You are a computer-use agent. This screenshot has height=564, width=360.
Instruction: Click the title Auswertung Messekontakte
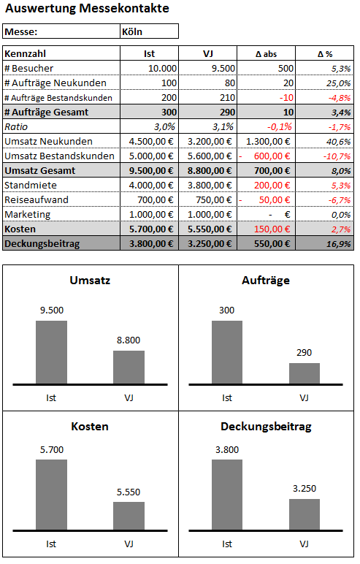click(87, 8)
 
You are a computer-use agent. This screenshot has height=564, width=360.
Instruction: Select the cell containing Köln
click(149, 31)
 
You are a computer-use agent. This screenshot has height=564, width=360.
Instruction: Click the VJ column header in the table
click(208, 53)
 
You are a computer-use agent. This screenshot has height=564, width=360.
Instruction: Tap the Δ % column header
click(325, 54)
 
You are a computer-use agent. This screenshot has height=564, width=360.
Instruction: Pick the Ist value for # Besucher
click(162, 69)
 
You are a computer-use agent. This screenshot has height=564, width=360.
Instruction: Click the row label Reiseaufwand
click(37, 200)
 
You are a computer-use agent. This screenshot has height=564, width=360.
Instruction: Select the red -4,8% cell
click(339, 98)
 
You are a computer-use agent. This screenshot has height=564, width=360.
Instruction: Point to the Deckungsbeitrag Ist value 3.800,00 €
click(151, 244)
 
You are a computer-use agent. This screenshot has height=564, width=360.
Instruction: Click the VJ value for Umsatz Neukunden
click(210, 142)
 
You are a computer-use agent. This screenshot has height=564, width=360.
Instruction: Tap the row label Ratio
click(16, 127)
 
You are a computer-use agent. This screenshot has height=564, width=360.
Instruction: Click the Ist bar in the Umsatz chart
click(51, 352)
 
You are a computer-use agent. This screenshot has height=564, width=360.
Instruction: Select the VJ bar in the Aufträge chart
click(305, 373)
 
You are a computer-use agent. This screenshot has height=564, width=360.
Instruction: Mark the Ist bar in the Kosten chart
click(51, 495)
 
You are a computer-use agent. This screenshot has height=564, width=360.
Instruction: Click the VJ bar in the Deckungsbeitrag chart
click(305, 514)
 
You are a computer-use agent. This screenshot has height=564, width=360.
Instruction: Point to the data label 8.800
click(129, 340)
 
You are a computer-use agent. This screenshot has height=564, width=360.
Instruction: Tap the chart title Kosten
click(90, 427)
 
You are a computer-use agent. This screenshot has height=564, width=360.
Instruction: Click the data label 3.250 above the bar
click(305, 489)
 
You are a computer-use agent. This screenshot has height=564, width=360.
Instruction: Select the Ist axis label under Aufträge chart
click(227, 398)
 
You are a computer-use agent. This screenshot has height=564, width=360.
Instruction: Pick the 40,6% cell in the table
click(338, 142)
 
